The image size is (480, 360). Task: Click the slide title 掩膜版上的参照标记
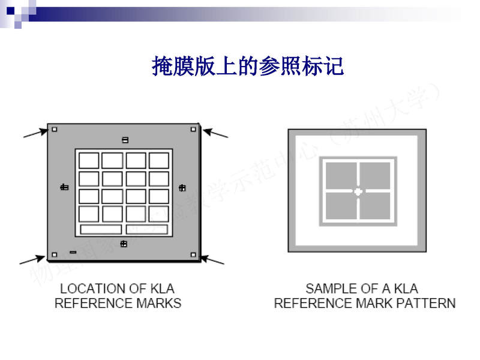(248, 66)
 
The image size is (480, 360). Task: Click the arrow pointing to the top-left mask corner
(35, 133)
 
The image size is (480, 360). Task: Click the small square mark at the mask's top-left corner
(55, 128)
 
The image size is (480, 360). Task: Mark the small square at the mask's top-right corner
(193, 128)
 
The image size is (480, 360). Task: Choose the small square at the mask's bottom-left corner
(55, 254)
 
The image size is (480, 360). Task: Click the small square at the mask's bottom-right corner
(193, 254)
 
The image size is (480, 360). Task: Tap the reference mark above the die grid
(125, 140)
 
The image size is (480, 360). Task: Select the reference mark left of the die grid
(64, 188)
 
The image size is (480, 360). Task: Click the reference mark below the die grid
(124, 244)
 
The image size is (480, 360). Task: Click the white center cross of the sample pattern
(358, 192)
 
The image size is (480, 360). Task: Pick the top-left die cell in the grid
(89, 160)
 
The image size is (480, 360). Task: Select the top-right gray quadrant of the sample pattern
(376, 175)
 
